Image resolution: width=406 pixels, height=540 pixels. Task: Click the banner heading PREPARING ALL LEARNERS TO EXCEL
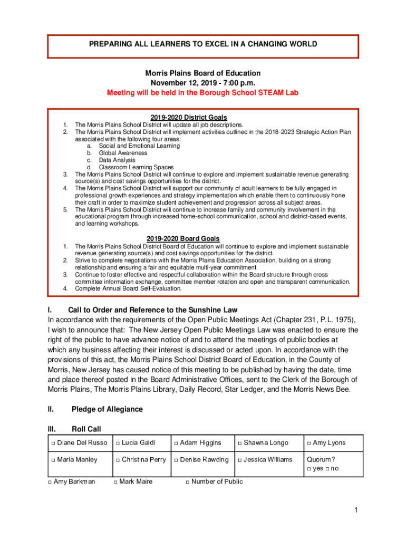point(203,44)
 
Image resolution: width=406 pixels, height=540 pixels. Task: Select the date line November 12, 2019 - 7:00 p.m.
point(203,83)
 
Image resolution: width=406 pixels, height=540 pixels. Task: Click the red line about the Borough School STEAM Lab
point(203,92)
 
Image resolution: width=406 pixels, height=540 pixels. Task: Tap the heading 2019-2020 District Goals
point(203,117)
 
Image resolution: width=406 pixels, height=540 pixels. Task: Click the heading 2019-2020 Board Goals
point(203,238)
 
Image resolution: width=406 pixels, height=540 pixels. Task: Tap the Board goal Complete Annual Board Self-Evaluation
point(128,288)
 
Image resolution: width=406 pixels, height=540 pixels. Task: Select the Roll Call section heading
point(86,429)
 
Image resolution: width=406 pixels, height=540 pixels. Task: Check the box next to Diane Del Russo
point(54,443)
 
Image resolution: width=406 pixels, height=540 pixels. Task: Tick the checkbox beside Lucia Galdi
point(118,443)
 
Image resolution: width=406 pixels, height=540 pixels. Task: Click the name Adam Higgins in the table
point(200,443)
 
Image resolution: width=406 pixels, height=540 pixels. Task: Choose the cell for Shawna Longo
point(266,443)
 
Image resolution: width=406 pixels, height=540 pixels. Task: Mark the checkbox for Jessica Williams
point(240,460)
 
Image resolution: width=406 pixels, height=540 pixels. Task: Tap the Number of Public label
point(217,481)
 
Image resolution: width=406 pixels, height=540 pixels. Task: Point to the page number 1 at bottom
point(356,509)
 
